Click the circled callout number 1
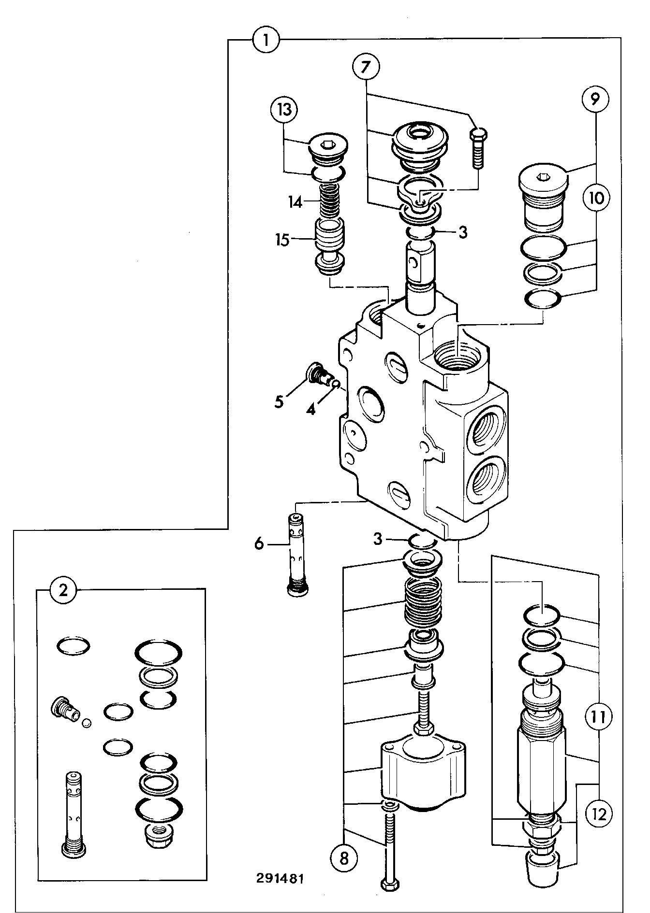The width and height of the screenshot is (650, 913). (266, 39)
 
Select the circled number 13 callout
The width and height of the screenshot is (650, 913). (284, 110)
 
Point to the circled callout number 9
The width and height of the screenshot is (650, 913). (595, 99)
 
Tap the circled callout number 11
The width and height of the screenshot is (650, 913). (598, 716)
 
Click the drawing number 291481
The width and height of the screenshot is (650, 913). (281, 877)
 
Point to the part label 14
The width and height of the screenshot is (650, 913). (295, 202)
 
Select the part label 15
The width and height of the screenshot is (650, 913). (282, 240)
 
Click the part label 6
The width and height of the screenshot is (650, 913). (259, 544)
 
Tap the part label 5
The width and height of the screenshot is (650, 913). (279, 402)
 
